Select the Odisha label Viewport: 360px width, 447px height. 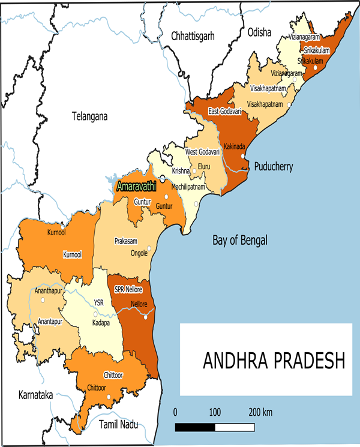click(259, 32)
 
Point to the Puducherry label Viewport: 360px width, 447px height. click(274, 167)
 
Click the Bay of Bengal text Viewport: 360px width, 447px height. click(240, 241)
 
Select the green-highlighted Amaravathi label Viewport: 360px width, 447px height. click(136, 186)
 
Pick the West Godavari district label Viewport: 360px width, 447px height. click(203, 152)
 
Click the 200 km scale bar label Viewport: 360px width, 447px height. click(260, 413)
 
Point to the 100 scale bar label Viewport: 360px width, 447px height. click(215, 413)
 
